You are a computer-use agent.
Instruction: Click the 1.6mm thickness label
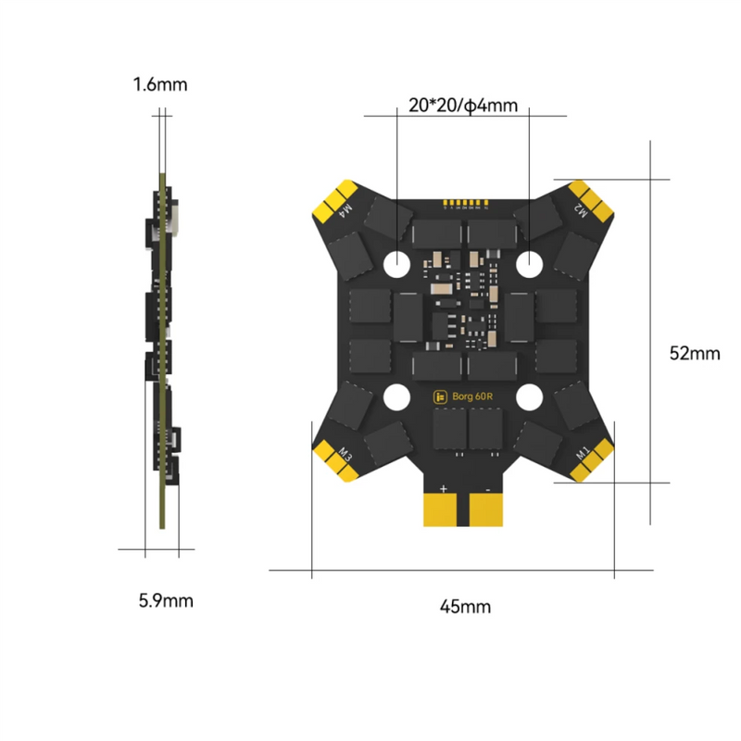160,85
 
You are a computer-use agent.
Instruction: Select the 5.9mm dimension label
166,600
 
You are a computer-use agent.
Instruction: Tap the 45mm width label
465,607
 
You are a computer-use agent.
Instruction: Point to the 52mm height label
694,354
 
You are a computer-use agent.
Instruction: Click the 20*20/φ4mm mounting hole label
463,106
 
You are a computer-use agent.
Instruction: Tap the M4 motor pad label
348,210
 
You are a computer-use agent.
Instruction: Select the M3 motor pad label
345,454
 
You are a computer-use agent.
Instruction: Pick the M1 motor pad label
583,454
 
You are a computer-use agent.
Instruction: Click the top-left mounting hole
396,263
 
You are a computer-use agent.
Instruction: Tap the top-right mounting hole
530,263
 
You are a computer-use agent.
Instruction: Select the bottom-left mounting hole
396,396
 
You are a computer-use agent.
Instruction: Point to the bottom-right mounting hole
530,396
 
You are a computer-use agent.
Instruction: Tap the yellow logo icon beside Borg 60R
440,396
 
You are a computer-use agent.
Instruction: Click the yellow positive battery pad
443,509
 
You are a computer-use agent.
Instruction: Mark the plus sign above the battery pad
443,487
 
